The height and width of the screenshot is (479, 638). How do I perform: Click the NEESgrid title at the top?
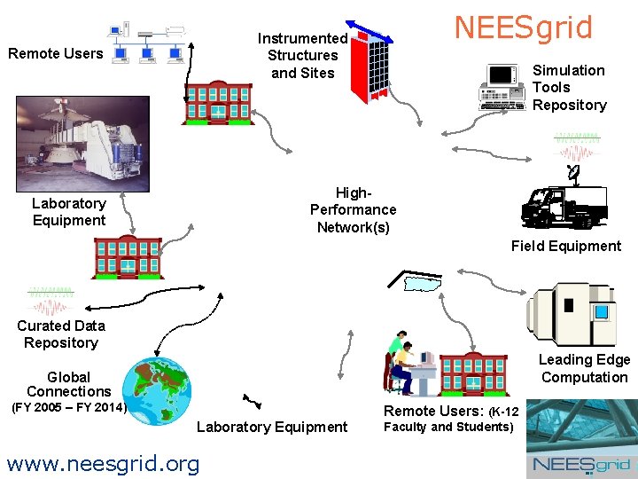[523, 27]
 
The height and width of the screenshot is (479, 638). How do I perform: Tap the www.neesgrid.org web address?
[102, 462]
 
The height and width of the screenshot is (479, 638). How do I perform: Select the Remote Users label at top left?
[55, 53]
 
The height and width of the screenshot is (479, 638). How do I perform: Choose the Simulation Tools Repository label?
[569, 87]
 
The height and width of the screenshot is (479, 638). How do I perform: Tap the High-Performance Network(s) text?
[353, 209]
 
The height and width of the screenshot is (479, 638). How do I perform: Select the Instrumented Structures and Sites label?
[302, 55]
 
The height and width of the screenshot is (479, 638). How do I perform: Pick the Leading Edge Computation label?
[584, 368]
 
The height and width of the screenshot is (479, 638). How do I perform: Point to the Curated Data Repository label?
[60, 334]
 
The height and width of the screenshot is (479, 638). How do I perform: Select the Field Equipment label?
[565, 246]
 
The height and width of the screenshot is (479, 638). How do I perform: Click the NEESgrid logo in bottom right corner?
[580, 465]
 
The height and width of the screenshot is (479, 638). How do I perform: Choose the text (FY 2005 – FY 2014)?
[69, 408]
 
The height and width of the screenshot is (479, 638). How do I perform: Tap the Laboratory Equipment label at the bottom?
[271, 427]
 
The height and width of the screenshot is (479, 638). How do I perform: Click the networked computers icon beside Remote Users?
[149, 44]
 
